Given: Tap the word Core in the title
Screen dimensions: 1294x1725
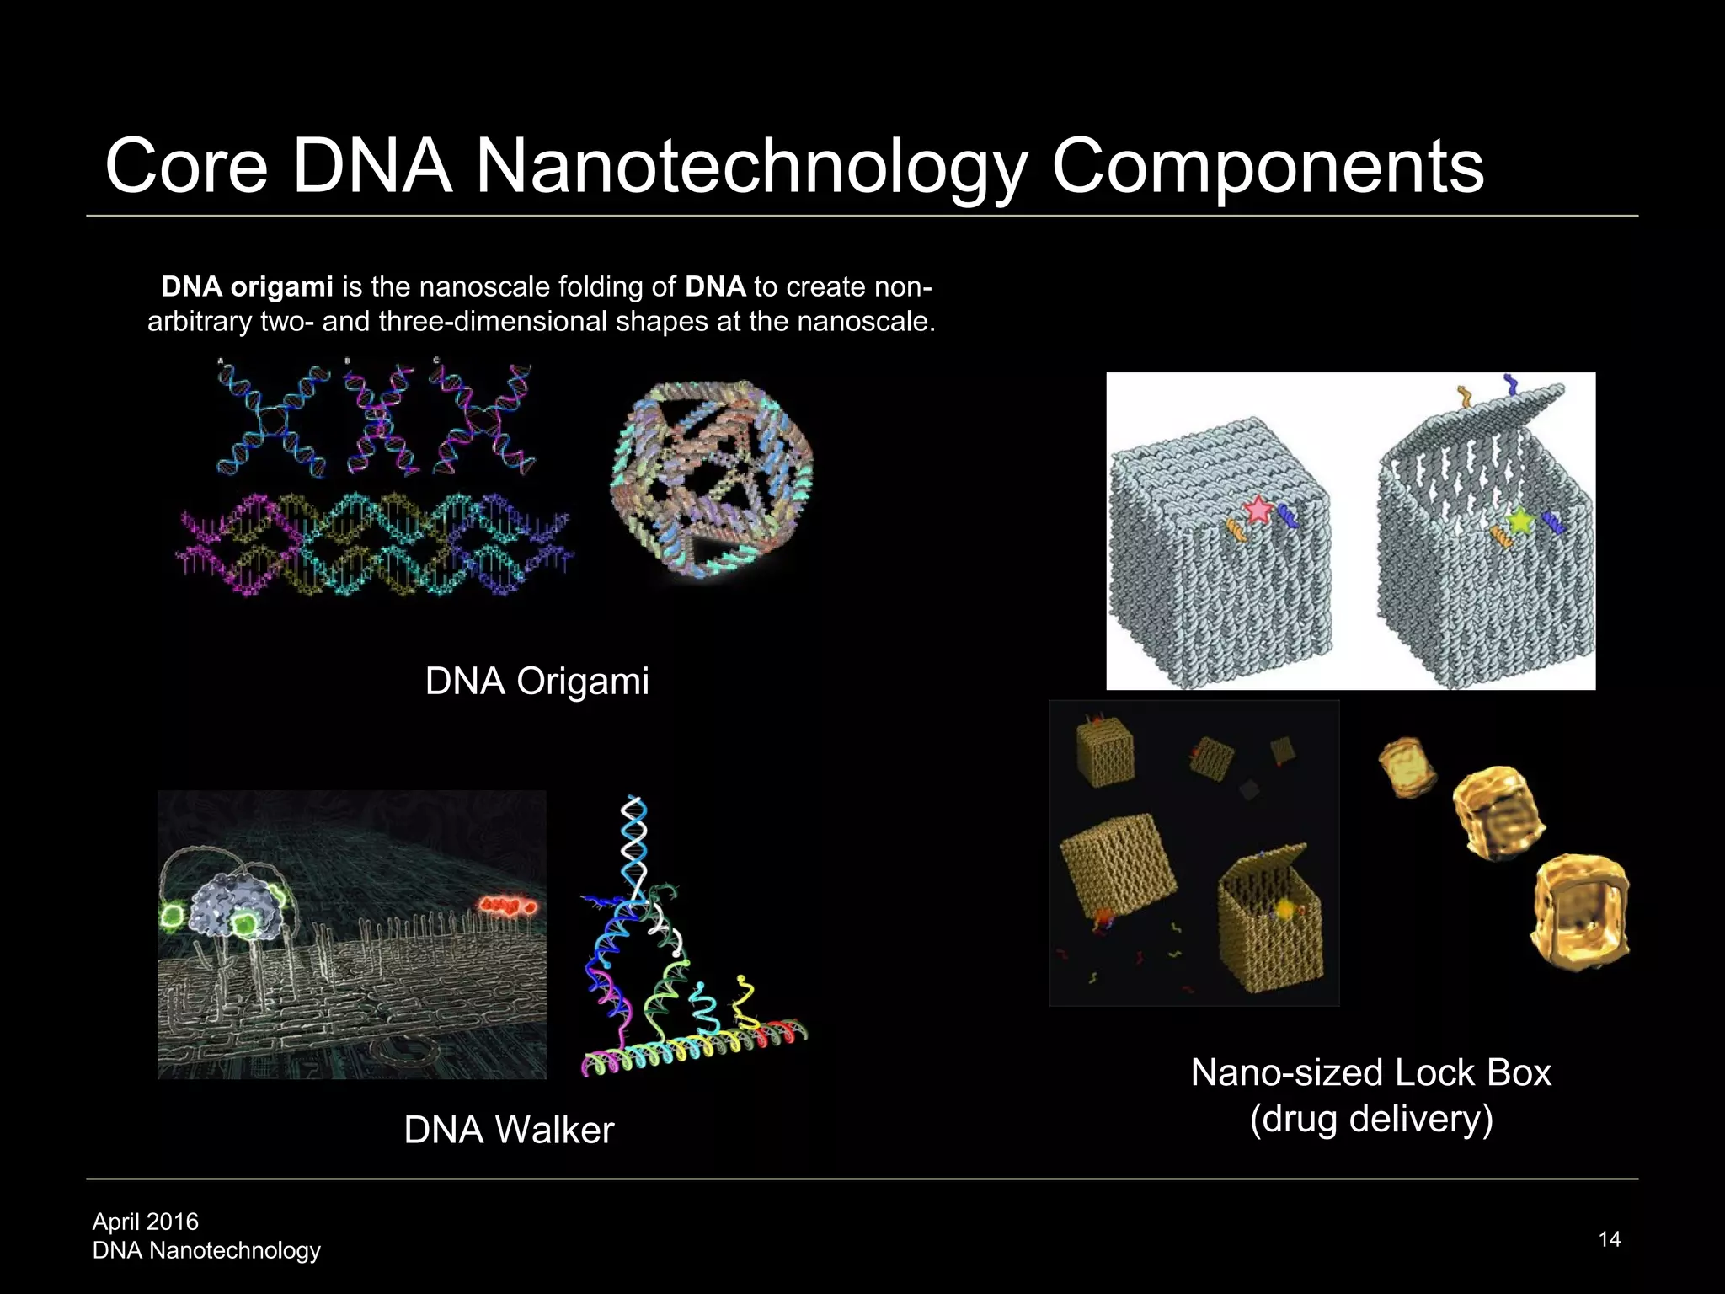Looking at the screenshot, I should pos(186,167).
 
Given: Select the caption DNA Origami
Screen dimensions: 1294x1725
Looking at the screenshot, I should pos(537,681).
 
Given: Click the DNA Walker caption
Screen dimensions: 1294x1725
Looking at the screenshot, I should pos(509,1130).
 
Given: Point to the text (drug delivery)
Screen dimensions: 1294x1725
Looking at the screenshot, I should pos(1371,1119).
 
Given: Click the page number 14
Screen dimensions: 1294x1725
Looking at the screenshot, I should pos(1609,1238).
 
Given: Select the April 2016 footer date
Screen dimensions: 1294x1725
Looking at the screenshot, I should pos(145,1222).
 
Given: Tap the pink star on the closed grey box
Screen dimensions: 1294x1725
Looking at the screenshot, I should pos(1258,510).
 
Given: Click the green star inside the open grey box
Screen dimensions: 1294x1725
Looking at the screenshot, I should pos(1520,521).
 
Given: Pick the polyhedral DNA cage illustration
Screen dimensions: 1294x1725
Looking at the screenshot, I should pos(712,476).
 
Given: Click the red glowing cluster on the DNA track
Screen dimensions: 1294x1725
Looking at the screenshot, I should pos(507,906).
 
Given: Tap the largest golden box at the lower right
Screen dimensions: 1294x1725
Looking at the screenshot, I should pos(1581,912).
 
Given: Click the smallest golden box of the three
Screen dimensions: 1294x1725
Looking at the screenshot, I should pos(1407,767).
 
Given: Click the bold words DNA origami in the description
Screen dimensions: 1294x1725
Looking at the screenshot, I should pos(247,287).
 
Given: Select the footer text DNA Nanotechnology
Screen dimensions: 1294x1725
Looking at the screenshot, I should pos(206,1250).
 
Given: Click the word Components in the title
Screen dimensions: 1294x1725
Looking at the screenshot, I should pos(1267,167).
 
